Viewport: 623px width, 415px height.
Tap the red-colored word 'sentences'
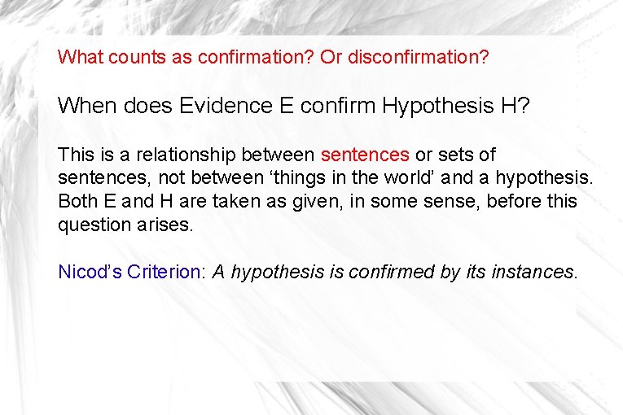(365, 155)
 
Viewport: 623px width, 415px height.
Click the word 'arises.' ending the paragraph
(169, 225)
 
